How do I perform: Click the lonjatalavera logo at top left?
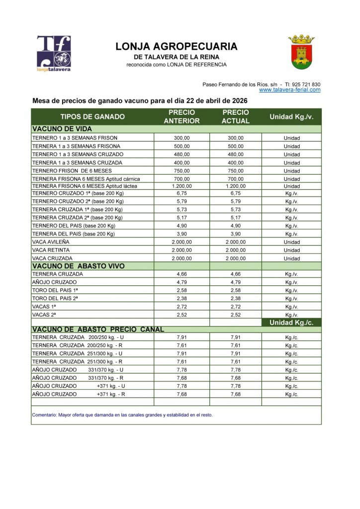[53, 54]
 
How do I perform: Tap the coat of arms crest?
[301, 52]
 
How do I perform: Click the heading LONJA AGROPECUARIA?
[177, 47]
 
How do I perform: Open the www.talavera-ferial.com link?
[289, 90]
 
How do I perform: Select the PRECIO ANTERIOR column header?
[181, 117]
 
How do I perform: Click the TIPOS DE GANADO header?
[92, 117]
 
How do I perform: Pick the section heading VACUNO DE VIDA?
[57, 128]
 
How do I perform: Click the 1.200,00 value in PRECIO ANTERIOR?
[181, 186]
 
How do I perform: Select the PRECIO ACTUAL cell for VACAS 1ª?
[235, 307]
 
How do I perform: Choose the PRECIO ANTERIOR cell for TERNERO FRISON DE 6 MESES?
[181, 170]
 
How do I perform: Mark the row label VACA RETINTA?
[51, 250]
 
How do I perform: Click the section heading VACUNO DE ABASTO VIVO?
[78, 266]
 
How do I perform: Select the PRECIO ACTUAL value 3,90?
[235, 234]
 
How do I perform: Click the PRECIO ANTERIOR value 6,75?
[181, 194]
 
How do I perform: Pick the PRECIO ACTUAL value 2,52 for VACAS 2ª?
[235, 315]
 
